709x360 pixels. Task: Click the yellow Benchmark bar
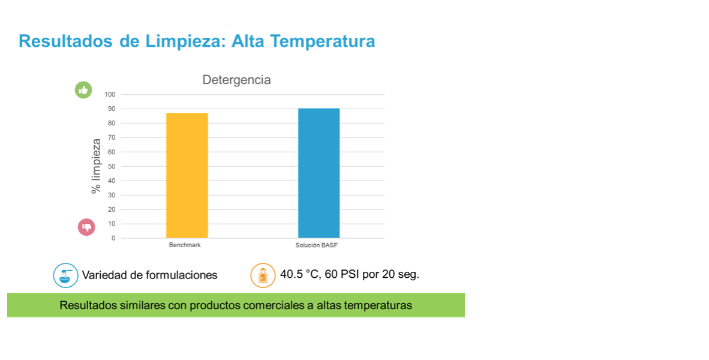[x=187, y=175]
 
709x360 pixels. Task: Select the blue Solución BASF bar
[x=319, y=173]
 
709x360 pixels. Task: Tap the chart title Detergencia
[x=236, y=80]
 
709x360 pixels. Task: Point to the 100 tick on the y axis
[x=110, y=95]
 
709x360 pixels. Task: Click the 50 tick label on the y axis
[x=112, y=166]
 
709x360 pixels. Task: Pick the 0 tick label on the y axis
[x=113, y=238]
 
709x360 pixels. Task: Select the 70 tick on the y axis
[x=112, y=137]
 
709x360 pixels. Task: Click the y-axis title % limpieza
[x=96, y=166]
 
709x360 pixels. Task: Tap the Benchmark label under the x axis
[x=185, y=245]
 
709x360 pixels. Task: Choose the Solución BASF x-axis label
[x=317, y=245]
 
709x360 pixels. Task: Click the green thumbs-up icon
[x=83, y=90]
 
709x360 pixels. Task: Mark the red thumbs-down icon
[x=86, y=227]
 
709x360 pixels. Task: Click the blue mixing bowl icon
[x=65, y=275]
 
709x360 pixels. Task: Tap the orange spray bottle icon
[x=263, y=275]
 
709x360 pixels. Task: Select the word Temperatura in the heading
[x=323, y=41]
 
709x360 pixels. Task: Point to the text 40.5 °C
[x=299, y=274]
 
